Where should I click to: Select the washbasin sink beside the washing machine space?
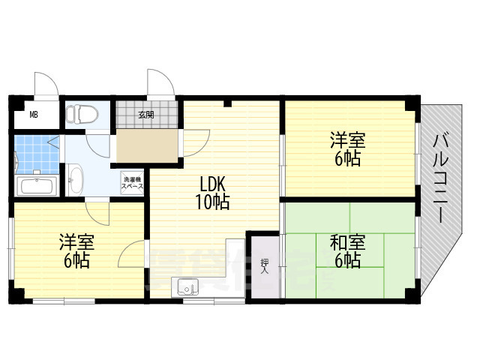[x=75, y=179]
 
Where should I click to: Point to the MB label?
[x=34, y=115]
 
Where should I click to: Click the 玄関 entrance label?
[x=146, y=115]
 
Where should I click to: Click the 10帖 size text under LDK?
[x=213, y=202]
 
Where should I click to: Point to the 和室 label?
[x=347, y=243]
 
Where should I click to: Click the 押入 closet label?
[x=265, y=267]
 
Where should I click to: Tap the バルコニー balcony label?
[x=442, y=177]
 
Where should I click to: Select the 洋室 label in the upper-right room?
[x=347, y=140]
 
